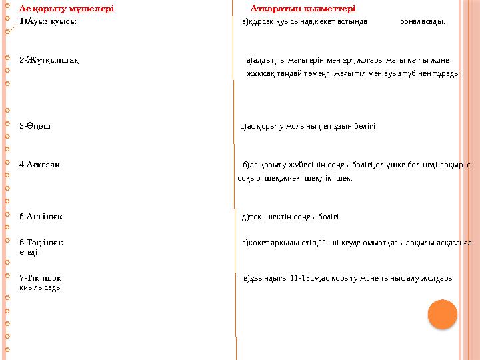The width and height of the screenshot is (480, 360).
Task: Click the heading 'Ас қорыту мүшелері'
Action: (67, 9)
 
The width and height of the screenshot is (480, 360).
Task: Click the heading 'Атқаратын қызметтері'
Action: (303, 9)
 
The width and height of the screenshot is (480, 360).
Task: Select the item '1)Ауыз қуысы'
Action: (47, 21)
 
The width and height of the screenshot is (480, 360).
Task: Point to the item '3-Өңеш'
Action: (36, 125)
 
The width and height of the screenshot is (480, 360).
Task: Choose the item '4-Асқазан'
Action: (41, 164)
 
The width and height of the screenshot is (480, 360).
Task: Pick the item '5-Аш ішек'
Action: (41, 217)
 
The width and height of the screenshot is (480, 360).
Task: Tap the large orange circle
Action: (442, 314)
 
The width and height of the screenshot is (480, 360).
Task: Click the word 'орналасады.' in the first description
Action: (423, 21)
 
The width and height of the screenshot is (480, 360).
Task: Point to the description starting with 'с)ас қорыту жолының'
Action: (307, 125)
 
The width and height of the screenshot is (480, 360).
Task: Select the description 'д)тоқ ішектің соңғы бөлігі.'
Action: (291, 217)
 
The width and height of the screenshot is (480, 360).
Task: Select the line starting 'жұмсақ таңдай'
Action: (353, 73)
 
